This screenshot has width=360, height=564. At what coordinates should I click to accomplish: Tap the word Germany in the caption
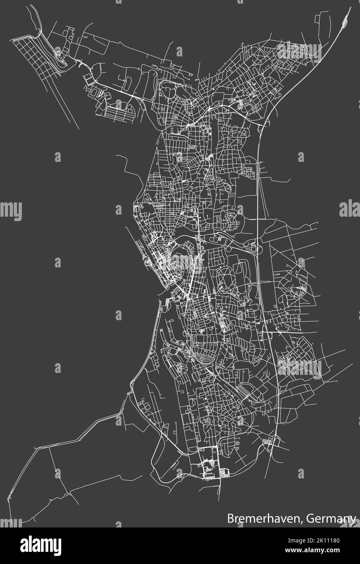pyautogui.click(x=332, y=518)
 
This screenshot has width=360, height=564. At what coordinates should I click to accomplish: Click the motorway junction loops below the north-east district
pyautogui.click(x=259, y=128)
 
